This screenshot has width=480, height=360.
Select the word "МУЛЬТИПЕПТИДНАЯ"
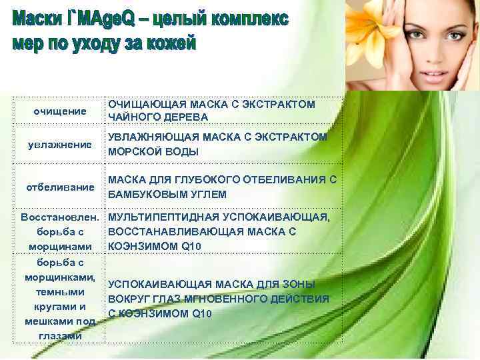point(157,218)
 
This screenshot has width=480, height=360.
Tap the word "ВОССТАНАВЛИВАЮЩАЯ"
point(167,232)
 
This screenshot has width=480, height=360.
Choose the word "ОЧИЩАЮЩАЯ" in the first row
point(139,105)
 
